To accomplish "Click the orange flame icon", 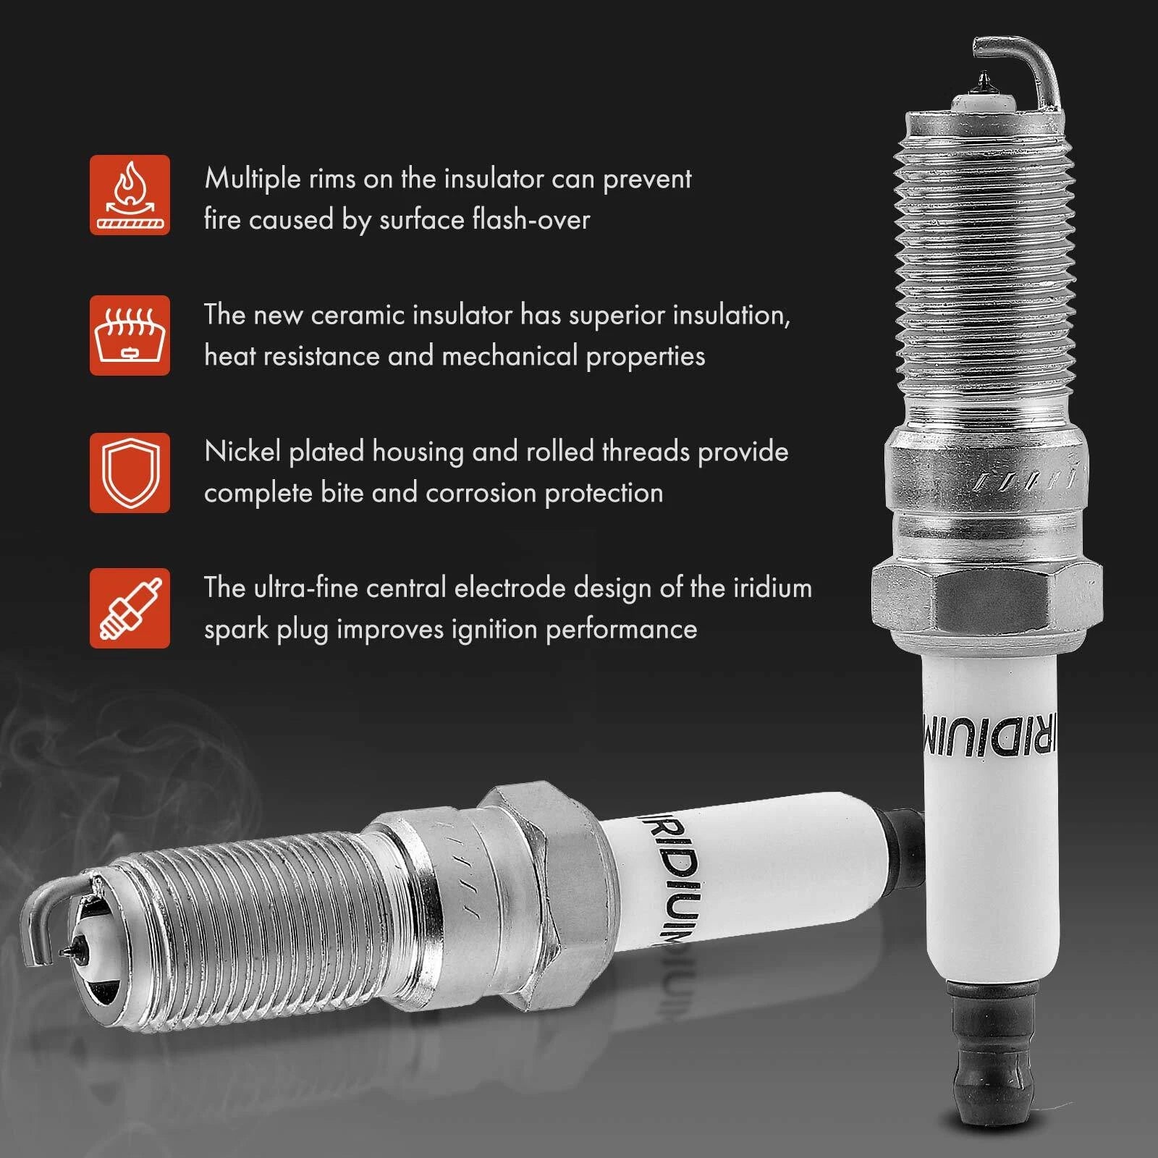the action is tap(130, 195).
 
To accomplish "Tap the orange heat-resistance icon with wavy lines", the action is tap(130, 335).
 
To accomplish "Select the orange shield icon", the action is tap(130, 473).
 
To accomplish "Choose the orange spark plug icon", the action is tap(130, 608).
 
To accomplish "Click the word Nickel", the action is tap(242, 451).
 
